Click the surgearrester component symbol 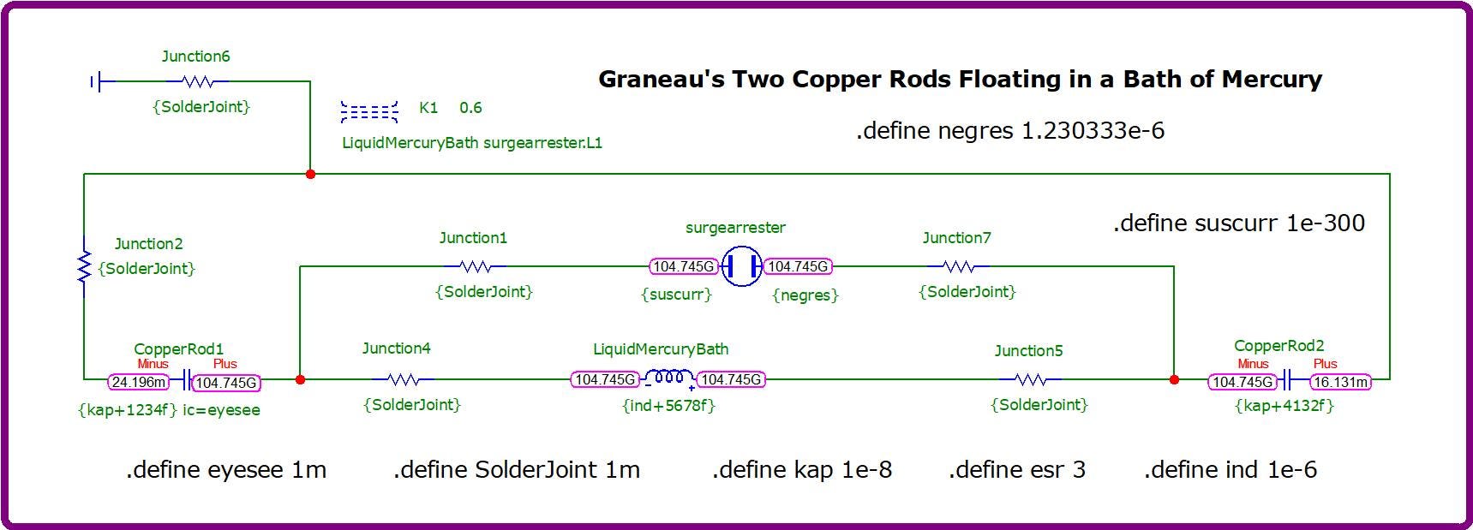tap(741, 266)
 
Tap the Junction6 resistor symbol tap(198, 81)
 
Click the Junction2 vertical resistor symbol tap(84, 266)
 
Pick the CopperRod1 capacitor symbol tap(185, 380)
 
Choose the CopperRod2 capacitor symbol tap(1285, 380)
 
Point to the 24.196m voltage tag tap(139, 383)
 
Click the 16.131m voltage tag tap(1340, 382)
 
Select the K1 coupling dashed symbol tap(369, 111)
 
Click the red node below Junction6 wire tap(310, 174)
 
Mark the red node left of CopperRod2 tap(1174, 379)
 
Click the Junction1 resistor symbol tap(476, 266)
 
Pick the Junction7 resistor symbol tap(958, 266)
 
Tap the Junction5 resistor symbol tap(1030, 378)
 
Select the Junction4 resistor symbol tap(403, 378)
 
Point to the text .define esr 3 tap(1017, 469)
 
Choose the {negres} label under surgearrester tap(805, 295)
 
